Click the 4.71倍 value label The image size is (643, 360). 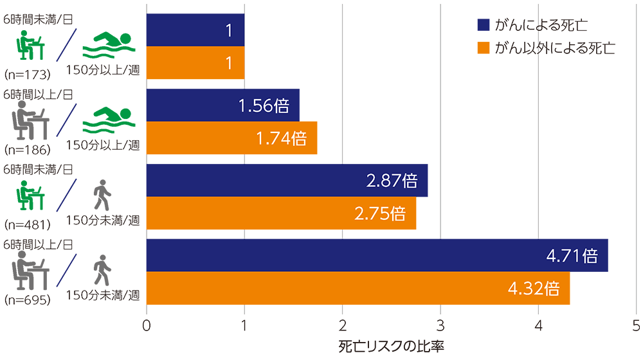coord(572,256)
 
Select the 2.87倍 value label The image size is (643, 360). coord(392,181)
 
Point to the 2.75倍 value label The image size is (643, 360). coord(380,213)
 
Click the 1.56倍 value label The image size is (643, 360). coord(264,106)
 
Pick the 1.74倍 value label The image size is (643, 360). coord(281,138)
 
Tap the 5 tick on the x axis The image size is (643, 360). coord(636,326)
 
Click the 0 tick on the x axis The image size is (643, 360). coord(147,326)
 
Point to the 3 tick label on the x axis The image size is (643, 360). coord(440,326)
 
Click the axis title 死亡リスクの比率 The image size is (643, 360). coord(392,346)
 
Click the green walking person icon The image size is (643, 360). coord(102,196)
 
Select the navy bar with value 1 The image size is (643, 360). coord(195,30)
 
